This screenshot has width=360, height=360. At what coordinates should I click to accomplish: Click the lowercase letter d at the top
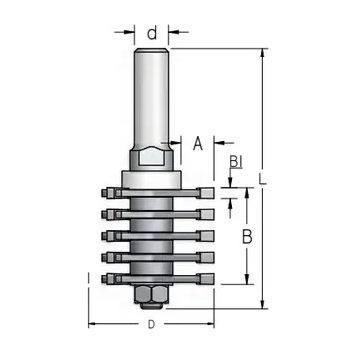click(x=152, y=32)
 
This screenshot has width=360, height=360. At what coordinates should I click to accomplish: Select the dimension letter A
click(x=197, y=144)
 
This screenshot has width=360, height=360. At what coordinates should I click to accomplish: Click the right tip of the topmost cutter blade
click(x=211, y=190)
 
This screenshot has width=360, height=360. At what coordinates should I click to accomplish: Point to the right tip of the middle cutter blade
click(x=211, y=235)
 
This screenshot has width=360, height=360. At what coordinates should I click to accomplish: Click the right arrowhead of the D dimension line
click(x=211, y=325)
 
